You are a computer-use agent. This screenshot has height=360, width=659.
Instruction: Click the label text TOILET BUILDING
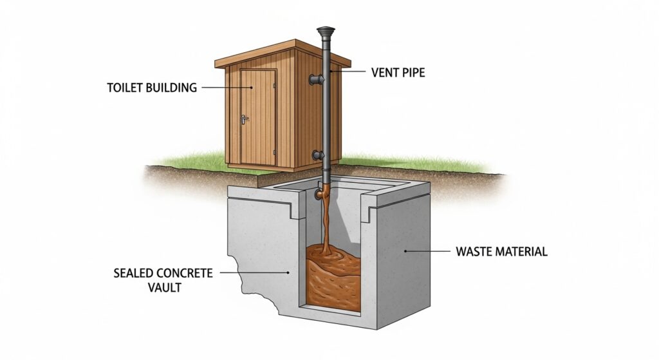click(x=152, y=88)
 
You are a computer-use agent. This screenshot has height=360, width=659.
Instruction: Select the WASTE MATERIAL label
click(x=501, y=251)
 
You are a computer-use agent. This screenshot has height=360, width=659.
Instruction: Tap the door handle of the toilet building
click(x=244, y=119)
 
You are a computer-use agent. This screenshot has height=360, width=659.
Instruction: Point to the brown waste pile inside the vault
click(x=333, y=274)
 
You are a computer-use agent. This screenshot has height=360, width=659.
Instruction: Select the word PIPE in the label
click(x=414, y=73)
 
